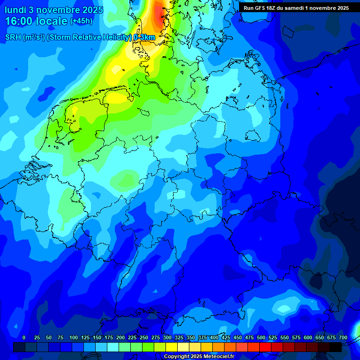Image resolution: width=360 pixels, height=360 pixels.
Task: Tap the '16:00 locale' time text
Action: (37, 21)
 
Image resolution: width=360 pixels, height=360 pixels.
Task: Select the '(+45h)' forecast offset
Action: (81, 21)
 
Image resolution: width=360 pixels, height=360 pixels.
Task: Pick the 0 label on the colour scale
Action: (24, 337)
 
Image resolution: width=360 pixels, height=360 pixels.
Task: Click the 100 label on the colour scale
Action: (74, 337)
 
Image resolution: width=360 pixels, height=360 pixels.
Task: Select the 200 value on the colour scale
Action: (120, 337)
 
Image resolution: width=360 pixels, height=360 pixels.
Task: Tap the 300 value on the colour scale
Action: (167, 337)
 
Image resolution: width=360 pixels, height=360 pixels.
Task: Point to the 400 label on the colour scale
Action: (214, 337)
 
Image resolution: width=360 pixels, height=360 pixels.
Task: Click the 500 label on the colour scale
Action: (261, 337)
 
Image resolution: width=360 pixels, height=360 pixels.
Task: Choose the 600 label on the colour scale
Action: (308, 337)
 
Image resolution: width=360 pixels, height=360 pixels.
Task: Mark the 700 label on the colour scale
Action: (343, 337)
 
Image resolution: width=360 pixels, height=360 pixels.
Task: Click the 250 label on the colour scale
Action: (144, 337)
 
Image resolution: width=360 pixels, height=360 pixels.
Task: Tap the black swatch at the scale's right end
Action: (336, 347)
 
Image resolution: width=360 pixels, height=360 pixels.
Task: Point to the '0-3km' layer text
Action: (144, 37)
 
